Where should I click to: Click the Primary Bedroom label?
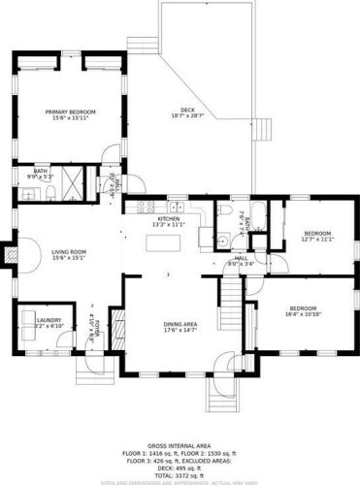pos(71,113)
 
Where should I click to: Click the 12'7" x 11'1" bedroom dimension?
pos(318,240)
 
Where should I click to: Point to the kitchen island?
pos(165,242)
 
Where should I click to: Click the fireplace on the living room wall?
pos(13,255)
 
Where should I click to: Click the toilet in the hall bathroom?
pos(222,242)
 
